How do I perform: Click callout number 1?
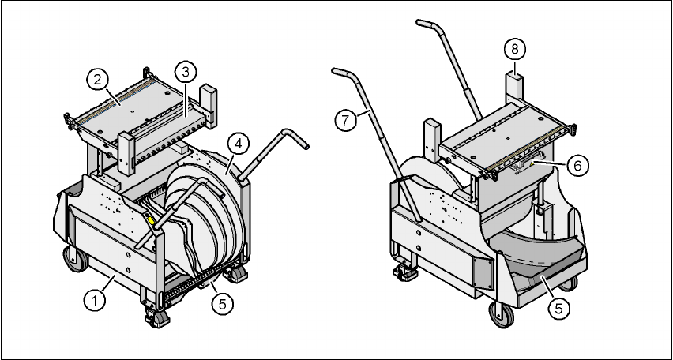[x=95, y=300]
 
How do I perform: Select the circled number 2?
[x=98, y=79]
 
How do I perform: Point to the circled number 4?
[x=236, y=143]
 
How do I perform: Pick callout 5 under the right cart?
[x=558, y=308]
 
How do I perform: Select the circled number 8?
[x=514, y=48]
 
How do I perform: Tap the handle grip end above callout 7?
[x=342, y=73]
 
